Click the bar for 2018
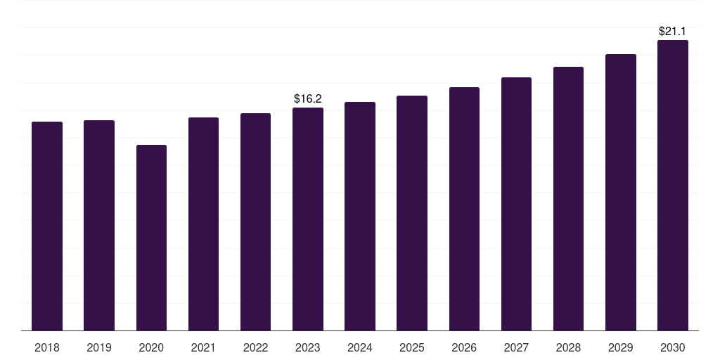tap(47, 226)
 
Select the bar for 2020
tap(152, 238)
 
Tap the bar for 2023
tap(308, 219)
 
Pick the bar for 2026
tap(464, 209)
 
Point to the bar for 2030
tap(673, 186)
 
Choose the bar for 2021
tap(203, 224)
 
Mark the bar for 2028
tap(568, 199)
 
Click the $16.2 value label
tap(308, 98)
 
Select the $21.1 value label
tap(672, 31)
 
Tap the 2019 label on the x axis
tap(99, 347)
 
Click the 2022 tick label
tap(255, 347)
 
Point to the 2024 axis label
tap(360, 347)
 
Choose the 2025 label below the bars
tap(412, 347)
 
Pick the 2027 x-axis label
tap(516, 347)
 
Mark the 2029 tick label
tap(620, 347)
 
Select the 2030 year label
tap(673, 347)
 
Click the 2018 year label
tap(47, 347)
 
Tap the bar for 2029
tap(621, 193)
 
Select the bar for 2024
tap(360, 217)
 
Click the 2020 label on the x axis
tap(151, 347)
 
